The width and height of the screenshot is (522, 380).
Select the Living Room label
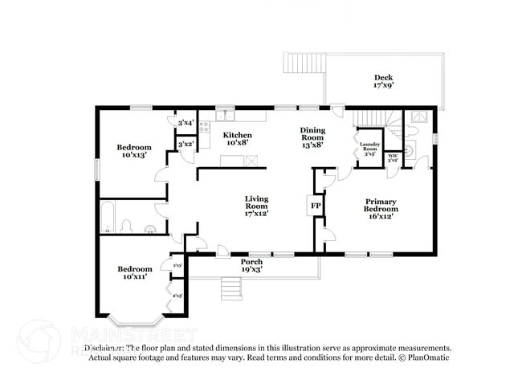[256, 205]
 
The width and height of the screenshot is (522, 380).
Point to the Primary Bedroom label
[381, 209]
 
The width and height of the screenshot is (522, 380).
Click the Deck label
[382, 80]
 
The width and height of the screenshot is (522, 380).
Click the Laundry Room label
[369, 149]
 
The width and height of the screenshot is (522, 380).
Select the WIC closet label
[393, 157]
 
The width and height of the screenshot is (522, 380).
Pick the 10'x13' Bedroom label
[134, 151]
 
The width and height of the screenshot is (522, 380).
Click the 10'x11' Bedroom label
[134, 273]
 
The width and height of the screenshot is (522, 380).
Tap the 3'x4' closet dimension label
[186, 123]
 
